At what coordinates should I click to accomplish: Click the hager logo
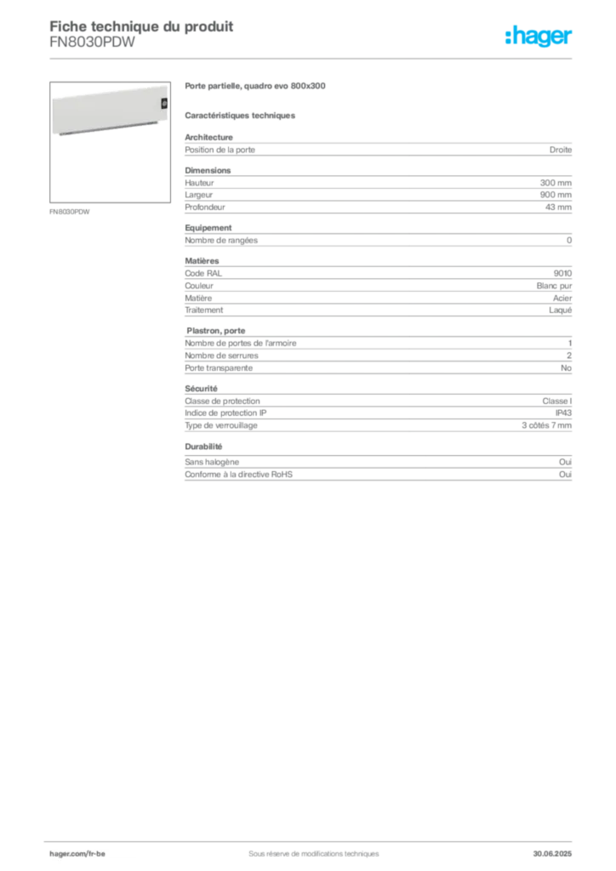(x=539, y=36)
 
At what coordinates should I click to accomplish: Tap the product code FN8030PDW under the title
(x=92, y=43)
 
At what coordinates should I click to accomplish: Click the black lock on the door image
(x=164, y=103)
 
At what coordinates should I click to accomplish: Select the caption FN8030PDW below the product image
(x=70, y=212)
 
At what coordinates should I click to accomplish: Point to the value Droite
(x=561, y=150)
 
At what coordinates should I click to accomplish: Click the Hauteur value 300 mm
(x=556, y=183)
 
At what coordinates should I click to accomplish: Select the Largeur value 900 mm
(x=556, y=195)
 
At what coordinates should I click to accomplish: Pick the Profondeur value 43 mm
(x=558, y=208)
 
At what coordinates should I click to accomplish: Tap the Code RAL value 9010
(x=562, y=273)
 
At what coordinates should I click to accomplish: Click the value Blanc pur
(x=554, y=286)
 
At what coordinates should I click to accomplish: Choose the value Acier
(x=562, y=299)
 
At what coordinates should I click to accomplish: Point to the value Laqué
(x=560, y=310)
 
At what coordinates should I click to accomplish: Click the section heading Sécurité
(x=201, y=389)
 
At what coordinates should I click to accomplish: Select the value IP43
(x=563, y=413)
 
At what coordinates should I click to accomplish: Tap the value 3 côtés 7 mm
(x=546, y=425)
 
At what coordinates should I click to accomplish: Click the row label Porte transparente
(x=219, y=367)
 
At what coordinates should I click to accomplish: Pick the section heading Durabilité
(x=203, y=447)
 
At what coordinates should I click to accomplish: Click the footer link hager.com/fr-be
(x=77, y=854)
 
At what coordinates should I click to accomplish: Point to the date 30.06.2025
(x=552, y=854)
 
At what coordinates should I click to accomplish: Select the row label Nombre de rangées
(x=221, y=241)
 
